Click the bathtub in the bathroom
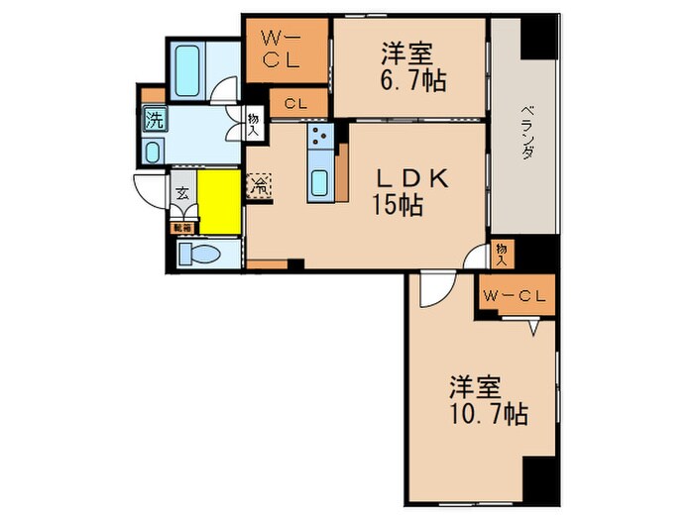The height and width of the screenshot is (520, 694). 189,66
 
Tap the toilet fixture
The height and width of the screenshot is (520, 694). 198,254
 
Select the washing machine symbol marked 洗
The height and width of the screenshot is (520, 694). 155,122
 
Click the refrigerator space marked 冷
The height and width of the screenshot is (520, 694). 258,184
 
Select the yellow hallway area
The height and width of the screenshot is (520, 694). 219,201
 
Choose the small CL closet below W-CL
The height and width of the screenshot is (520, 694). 295,102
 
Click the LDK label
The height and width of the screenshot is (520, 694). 414,178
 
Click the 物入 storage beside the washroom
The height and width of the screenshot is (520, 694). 254,123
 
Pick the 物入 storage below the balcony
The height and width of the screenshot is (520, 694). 501,254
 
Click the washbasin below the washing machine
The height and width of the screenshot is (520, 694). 154,152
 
